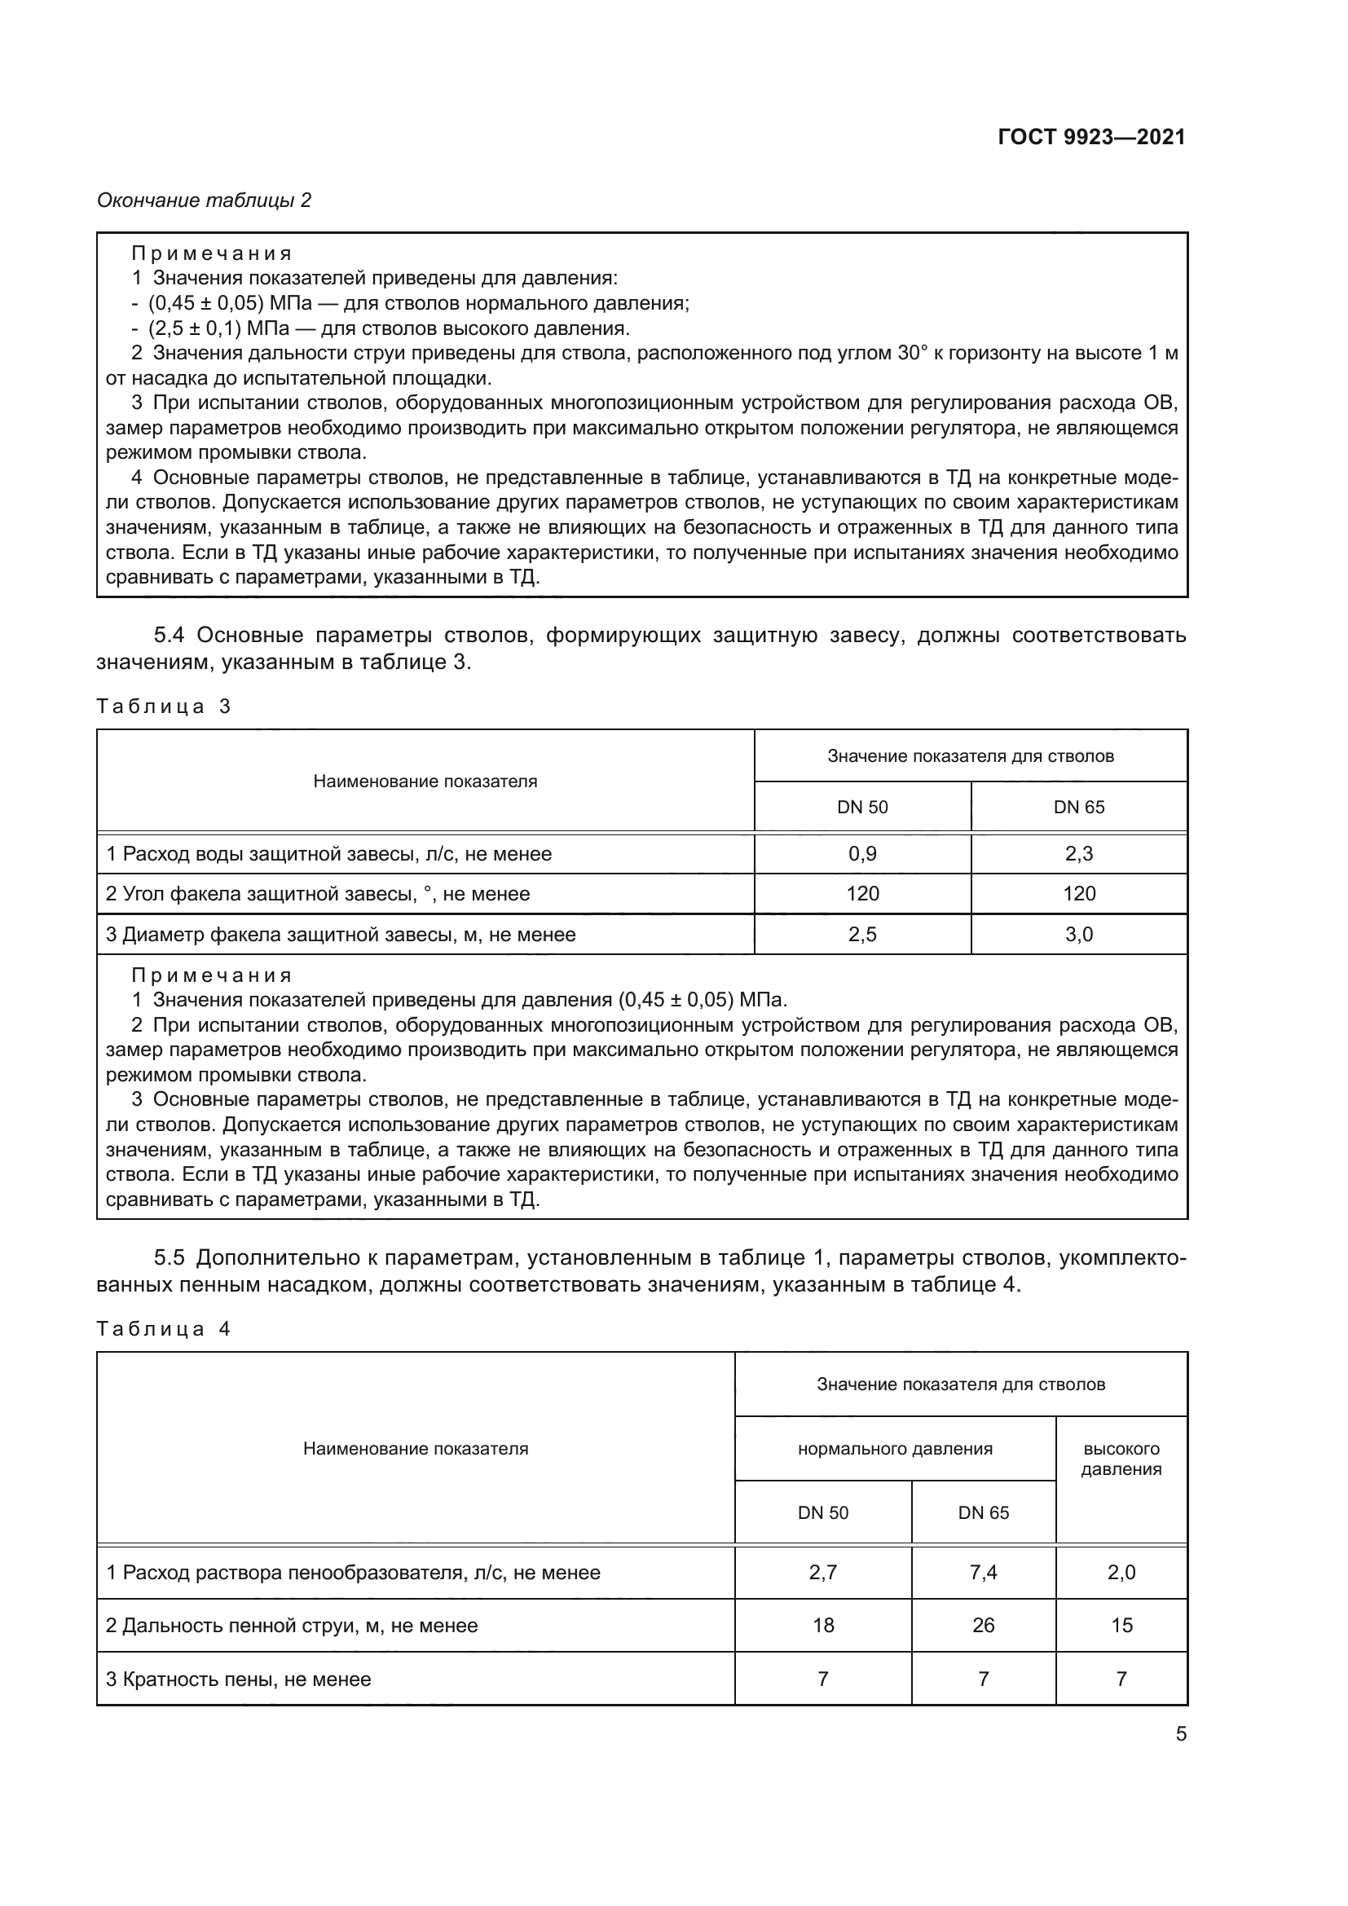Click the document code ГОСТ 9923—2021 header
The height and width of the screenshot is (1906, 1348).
pyautogui.click(x=1090, y=138)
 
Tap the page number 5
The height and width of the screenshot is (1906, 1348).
pyautogui.click(x=1180, y=1734)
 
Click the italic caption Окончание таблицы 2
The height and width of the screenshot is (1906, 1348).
pyautogui.click(x=205, y=200)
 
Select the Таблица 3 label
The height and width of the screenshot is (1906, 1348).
pyautogui.click(x=164, y=706)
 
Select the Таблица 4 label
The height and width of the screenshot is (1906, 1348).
pyautogui.click(x=164, y=1329)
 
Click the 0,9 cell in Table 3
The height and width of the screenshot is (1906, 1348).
pyautogui.click(x=861, y=853)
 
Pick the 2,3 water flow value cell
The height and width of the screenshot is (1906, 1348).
pyautogui.click(x=1078, y=853)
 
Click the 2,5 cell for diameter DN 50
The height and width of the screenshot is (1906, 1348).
pyautogui.click(x=861, y=934)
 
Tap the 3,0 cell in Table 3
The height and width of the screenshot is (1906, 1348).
pyautogui.click(x=1078, y=934)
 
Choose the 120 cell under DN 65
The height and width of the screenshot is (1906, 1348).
pyautogui.click(x=1078, y=893)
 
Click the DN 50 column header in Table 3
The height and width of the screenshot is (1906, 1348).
pyautogui.click(x=861, y=807)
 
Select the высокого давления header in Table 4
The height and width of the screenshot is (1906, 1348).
pyautogui.click(x=1121, y=1459)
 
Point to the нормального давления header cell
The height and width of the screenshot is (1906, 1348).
pyautogui.click(x=895, y=1449)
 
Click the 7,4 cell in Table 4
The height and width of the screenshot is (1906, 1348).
pyautogui.click(x=983, y=1572)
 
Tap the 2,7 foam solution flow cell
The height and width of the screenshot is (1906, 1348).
pyautogui.click(x=822, y=1572)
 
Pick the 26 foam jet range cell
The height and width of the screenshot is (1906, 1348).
pyautogui.click(x=983, y=1626)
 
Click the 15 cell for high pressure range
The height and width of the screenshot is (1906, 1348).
pyautogui.click(x=1121, y=1626)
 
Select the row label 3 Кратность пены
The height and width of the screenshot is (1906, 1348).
pyautogui.click(x=238, y=1679)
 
